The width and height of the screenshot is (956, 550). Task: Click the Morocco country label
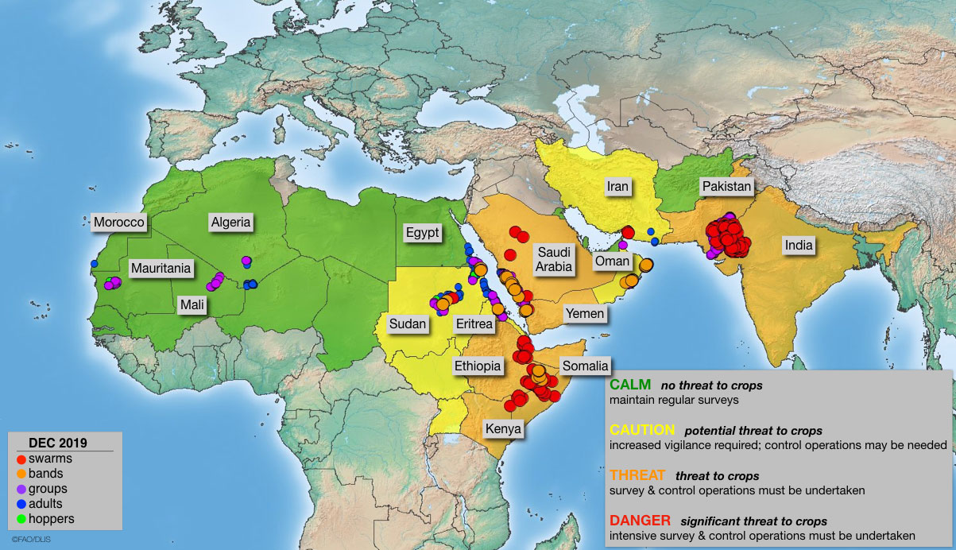(120, 223)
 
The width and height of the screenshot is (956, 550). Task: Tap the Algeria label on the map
(230, 223)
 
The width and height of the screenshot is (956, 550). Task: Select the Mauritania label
(161, 269)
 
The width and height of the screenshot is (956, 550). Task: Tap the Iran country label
(617, 187)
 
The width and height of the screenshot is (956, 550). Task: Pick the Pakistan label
(726, 187)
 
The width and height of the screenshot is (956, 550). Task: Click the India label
(799, 245)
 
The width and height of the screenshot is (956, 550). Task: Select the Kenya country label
(503, 429)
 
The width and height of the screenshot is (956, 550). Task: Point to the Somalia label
(585, 366)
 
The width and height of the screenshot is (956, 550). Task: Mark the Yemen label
(584, 314)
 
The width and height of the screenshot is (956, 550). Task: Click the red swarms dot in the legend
(21, 459)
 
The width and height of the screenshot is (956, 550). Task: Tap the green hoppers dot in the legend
(21, 519)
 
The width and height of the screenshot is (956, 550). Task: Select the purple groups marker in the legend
(21, 489)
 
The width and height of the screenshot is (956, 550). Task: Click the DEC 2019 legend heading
(57, 443)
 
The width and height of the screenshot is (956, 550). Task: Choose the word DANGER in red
(641, 521)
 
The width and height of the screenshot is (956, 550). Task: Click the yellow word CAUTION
(642, 430)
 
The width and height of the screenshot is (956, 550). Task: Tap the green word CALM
(629, 385)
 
